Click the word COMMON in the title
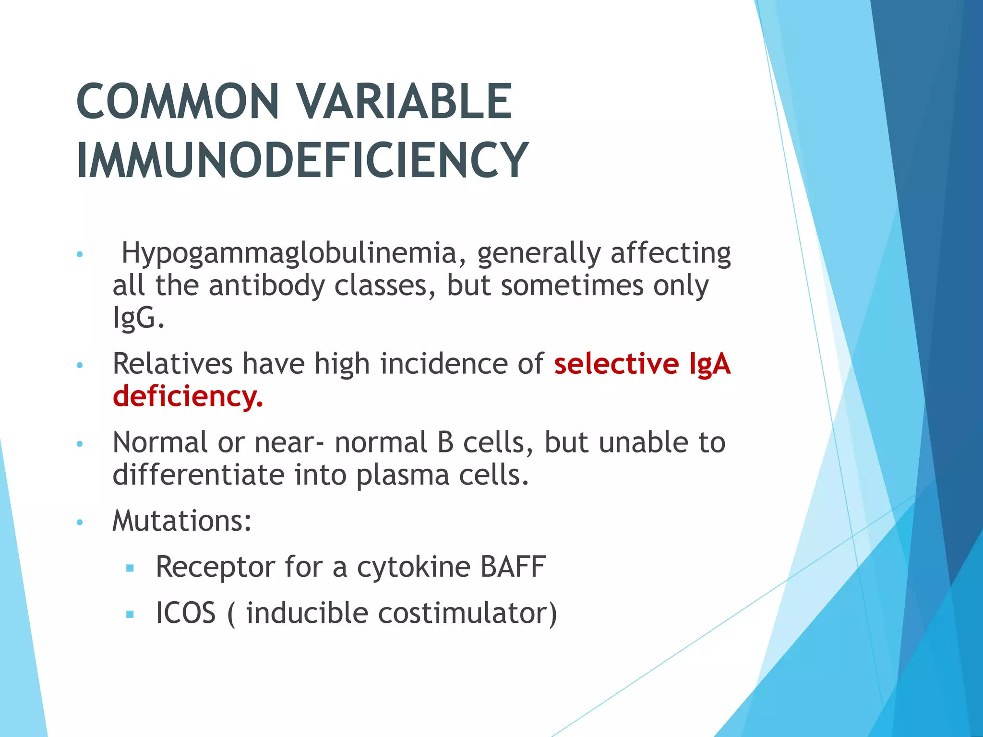point(178,102)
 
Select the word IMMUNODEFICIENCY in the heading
point(302,160)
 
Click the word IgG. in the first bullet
point(138,317)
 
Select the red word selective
point(616,363)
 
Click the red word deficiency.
point(188,396)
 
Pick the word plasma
point(402,475)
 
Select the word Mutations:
point(182,521)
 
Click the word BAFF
point(513,567)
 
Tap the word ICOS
point(186,613)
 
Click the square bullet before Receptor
point(130,569)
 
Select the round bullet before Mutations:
point(80,523)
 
